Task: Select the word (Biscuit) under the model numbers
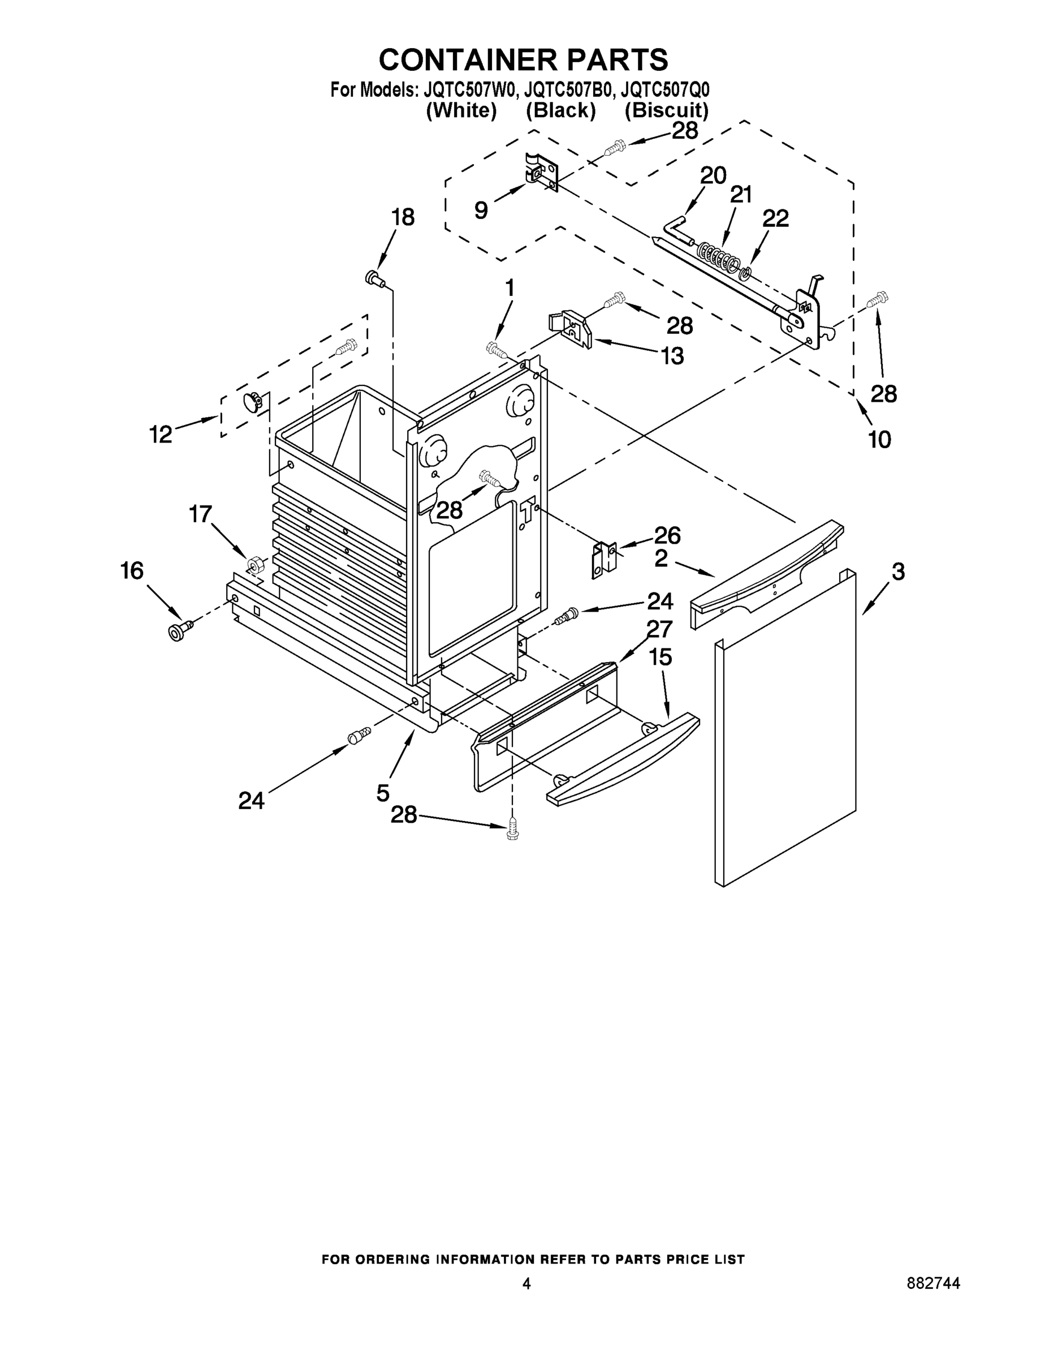coord(666,111)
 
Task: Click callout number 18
coord(403,218)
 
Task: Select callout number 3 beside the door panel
coord(898,572)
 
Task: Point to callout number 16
coord(132,571)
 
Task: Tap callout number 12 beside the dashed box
coord(161,434)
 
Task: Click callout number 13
coord(671,356)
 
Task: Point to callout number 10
coord(879,440)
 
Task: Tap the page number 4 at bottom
coord(526,1283)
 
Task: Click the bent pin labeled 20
coord(676,229)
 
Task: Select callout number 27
coord(659,630)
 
